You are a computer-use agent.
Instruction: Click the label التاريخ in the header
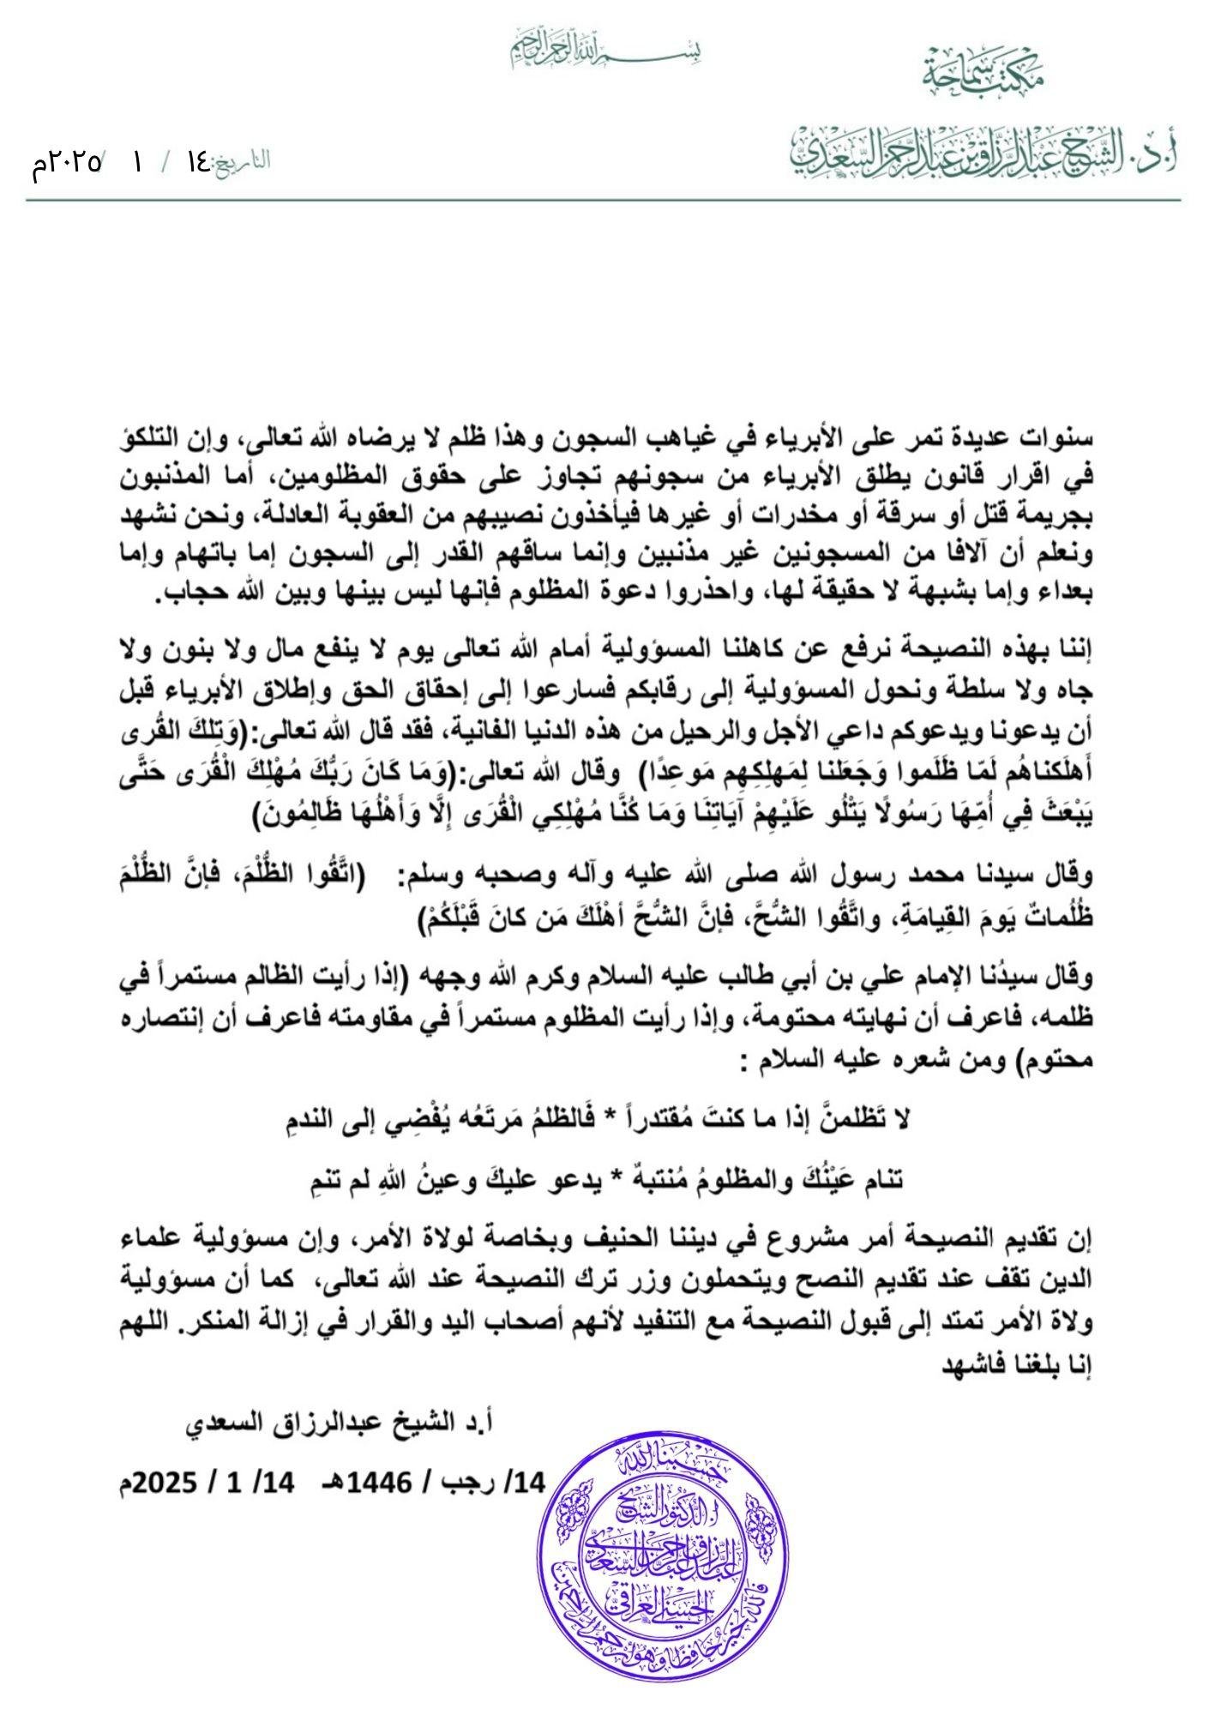pos(244,160)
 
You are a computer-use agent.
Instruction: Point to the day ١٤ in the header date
pos(198,160)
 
